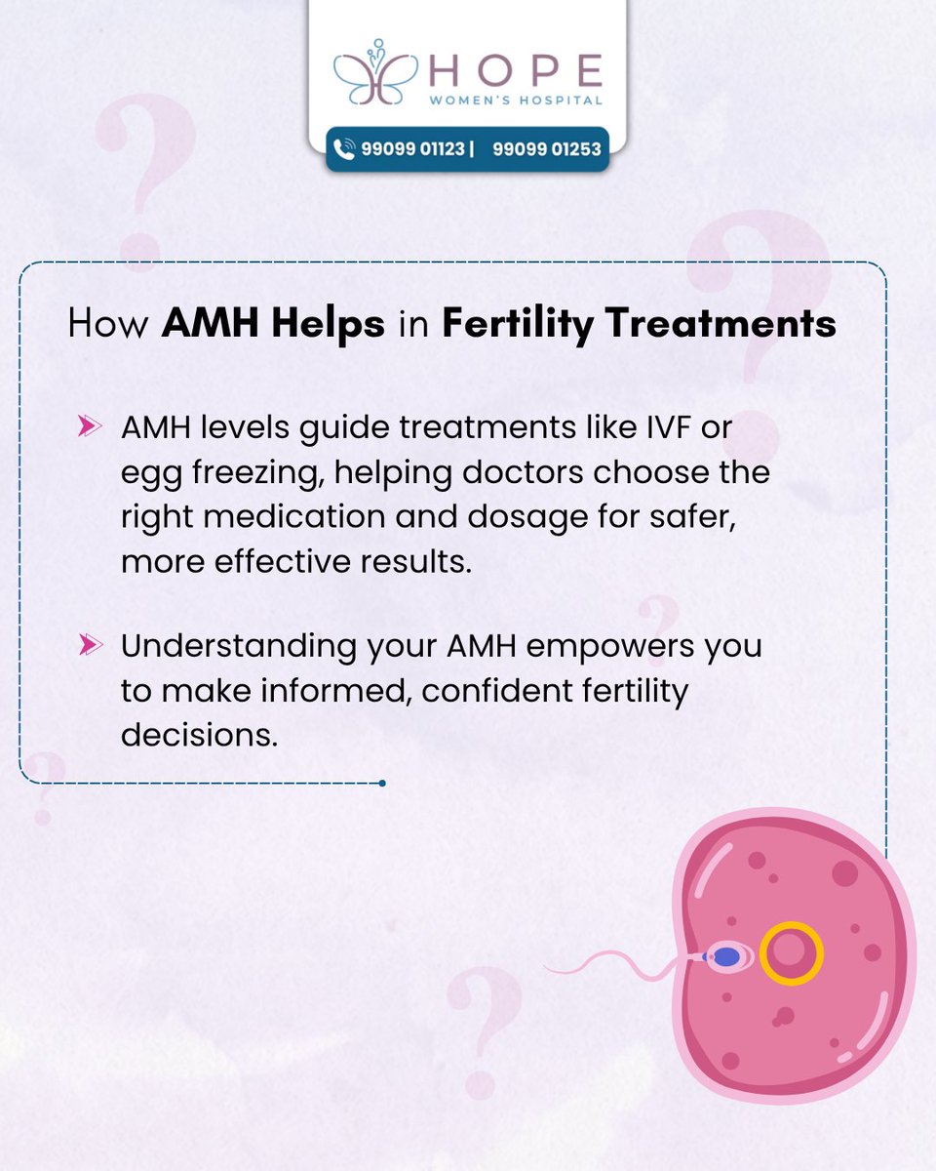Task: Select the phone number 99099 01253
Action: click(x=546, y=149)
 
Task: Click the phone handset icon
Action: click(x=344, y=149)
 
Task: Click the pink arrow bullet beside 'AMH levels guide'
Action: click(x=91, y=426)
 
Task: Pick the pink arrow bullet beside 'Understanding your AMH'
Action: click(x=91, y=644)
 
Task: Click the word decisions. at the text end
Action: click(x=199, y=734)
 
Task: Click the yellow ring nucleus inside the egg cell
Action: click(x=791, y=953)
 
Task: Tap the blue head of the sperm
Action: click(x=727, y=957)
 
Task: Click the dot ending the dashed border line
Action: click(x=382, y=783)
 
